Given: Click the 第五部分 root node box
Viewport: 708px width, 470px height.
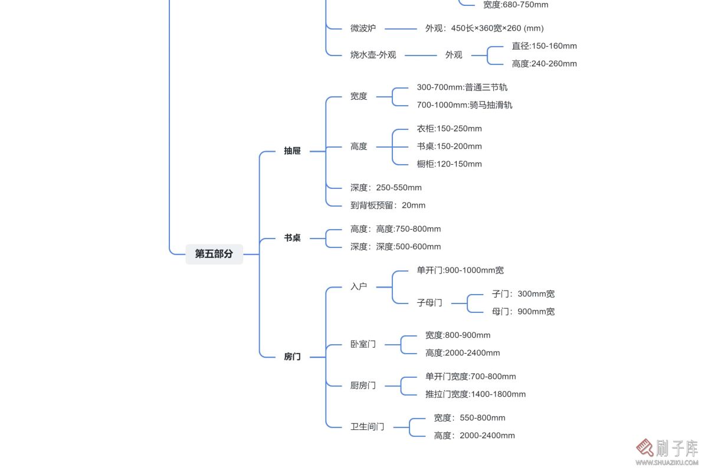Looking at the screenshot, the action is [214, 254].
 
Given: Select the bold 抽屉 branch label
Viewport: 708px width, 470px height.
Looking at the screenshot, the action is [292, 151].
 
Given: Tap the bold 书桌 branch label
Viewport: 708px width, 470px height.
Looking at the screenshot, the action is [292, 238].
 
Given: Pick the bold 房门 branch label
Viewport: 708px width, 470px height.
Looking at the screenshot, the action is [292, 357].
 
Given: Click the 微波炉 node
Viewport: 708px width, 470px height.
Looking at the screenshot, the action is [363, 28].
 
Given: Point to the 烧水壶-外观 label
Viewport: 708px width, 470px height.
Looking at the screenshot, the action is [373, 55].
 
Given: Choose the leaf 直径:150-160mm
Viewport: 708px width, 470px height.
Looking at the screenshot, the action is [544, 46].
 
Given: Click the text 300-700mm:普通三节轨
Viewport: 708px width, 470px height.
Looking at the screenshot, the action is [462, 87].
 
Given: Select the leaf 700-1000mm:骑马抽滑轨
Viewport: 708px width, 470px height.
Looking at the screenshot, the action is [464, 105].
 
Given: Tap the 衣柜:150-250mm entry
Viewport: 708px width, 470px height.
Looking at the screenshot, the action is [449, 129].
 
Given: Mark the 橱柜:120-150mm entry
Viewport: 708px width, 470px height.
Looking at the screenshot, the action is [449, 164].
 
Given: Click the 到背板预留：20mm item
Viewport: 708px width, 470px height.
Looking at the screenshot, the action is [388, 205].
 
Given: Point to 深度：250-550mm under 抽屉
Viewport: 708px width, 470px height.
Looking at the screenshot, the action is [386, 188].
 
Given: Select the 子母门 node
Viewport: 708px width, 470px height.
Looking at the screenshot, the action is [430, 303].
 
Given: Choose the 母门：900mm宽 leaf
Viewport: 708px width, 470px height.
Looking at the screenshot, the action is [523, 312].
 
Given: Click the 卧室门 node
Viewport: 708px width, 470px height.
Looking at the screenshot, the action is [363, 344].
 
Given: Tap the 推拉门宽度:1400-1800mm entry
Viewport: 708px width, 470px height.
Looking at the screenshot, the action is [476, 394].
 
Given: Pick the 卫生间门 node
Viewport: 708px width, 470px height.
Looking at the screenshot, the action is [367, 427].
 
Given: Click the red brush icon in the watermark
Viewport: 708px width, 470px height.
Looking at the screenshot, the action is [644, 448].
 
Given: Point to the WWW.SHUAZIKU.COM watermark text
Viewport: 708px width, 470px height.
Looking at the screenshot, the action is [667, 463].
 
